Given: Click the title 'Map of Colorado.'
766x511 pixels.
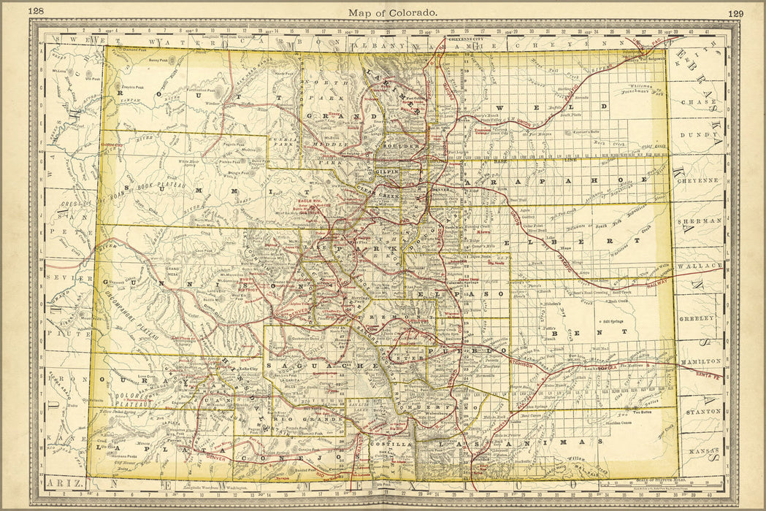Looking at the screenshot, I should (x=393, y=12).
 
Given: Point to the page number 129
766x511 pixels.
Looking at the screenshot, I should (x=735, y=12).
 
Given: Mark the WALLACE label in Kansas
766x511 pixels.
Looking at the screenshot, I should (x=699, y=266).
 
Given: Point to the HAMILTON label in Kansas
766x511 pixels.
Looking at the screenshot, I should (x=699, y=361).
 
